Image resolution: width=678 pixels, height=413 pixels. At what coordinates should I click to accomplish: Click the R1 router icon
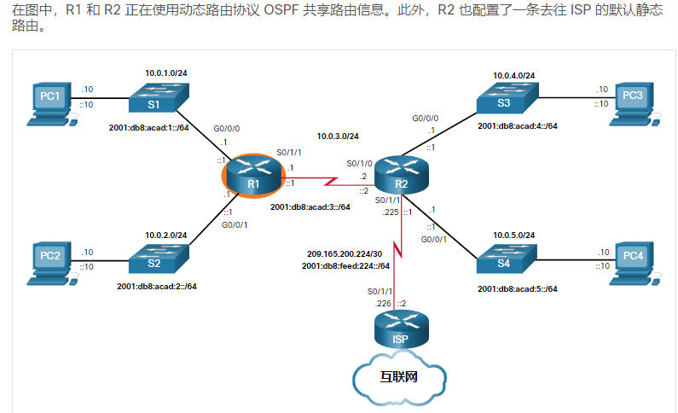[x=253, y=177]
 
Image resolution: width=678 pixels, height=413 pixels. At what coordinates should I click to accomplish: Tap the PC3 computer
[x=632, y=102]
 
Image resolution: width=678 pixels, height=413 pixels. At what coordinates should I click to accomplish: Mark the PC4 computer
[x=632, y=259]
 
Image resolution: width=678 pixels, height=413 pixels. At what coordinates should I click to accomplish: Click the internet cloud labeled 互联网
[x=399, y=376]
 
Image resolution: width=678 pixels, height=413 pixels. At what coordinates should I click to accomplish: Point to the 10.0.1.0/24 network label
[x=165, y=73]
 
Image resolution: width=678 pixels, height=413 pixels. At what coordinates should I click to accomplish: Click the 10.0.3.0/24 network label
[x=338, y=136]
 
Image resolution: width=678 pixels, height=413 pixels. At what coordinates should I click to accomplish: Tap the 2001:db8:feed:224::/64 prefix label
[x=345, y=265]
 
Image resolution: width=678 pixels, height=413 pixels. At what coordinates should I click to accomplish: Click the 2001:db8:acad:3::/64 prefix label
[x=310, y=206]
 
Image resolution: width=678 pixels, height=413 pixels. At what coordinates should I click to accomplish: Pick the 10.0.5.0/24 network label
[x=513, y=235]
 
